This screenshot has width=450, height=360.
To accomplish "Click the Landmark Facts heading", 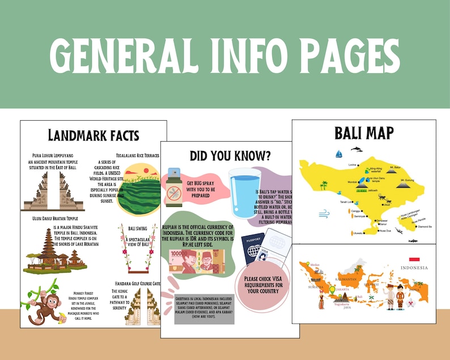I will (94, 135).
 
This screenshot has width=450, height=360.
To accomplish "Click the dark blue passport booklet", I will (253, 249).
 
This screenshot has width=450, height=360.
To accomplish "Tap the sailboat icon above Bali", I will (339, 154).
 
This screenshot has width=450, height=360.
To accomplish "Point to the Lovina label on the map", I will (353, 164).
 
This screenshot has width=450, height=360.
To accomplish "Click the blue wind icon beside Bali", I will (325, 214).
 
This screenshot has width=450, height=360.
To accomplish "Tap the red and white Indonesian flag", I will (414, 259).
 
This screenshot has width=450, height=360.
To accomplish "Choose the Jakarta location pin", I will (333, 290).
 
